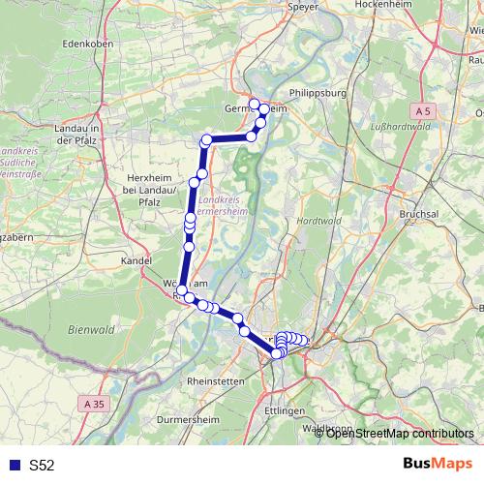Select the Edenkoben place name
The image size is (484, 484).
pos(88,45)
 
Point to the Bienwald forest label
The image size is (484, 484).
pos(92,330)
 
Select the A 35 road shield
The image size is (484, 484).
pos(93,403)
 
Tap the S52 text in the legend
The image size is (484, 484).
pos(42,466)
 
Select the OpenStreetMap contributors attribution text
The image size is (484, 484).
pos(400,433)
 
